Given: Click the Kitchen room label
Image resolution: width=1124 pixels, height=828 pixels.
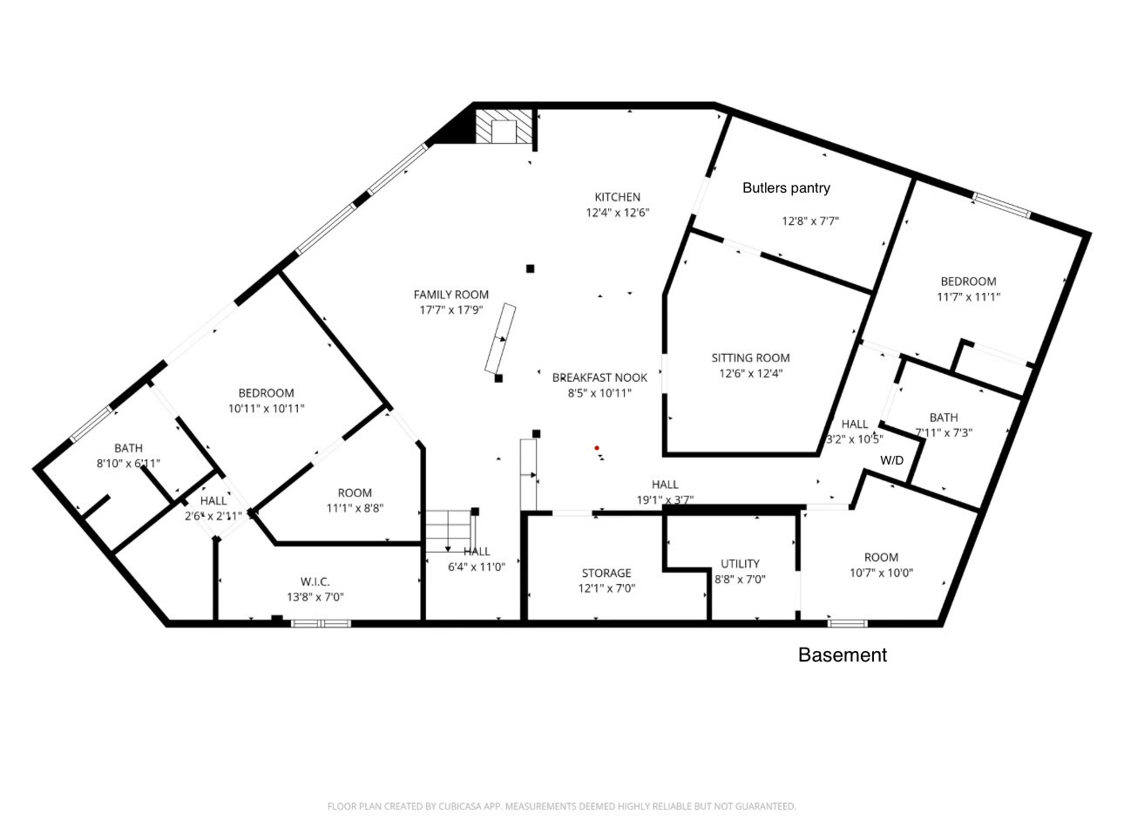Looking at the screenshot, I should [x=617, y=197].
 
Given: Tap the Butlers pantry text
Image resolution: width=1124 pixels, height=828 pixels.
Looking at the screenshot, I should [x=786, y=187].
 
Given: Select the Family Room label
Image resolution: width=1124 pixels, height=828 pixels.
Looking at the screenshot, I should [x=450, y=295].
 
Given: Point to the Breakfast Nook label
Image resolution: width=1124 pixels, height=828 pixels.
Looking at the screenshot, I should [x=599, y=377].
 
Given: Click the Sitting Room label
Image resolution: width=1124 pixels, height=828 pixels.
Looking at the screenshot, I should [x=750, y=357].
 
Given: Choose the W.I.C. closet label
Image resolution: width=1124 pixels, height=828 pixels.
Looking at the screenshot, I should [x=315, y=581].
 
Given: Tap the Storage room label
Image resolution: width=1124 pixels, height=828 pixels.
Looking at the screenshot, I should [x=606, y=573].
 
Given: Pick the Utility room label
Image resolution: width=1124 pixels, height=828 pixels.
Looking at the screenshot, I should [x=740, y=563].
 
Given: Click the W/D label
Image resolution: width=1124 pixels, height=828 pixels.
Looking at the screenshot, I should [x=891, y=459].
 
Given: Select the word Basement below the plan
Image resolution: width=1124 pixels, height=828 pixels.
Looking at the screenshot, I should [x=842, y=655].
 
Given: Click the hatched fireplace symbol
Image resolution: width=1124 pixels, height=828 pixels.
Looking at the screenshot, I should [x=504, y=127].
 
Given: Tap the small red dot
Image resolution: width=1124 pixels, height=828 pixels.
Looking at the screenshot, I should [x=597, y=448].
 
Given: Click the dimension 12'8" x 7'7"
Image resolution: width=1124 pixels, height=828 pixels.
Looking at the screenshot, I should [x=809, y=221].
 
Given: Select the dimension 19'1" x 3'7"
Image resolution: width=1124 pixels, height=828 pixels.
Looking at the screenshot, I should [x=665, y=500].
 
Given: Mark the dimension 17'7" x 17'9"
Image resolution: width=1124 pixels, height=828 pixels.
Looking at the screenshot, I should [x=450, y=309].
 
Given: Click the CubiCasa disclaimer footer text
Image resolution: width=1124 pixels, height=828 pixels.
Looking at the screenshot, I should [x=561, y=806].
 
